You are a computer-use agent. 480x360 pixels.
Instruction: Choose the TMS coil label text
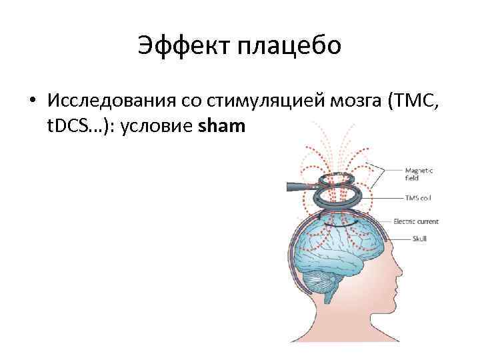click(x=417, y=197)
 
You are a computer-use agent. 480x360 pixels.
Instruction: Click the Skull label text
click(x=411, y=238)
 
